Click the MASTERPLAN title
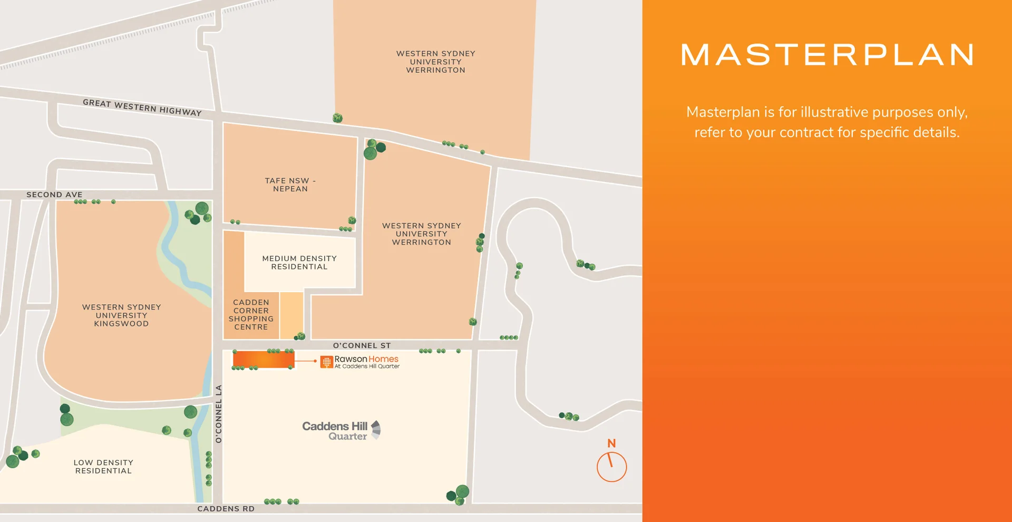(x=826, y=55)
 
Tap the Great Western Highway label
(x=142, y=108)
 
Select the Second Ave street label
(x=54, y=195)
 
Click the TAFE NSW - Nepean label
(x=290, y=185)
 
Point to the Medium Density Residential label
(x=299, y=263)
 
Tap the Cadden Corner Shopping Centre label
(x=251, y=315)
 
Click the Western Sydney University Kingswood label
(x=121, y=315)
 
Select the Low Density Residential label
(x=103, y=467)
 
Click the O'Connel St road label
(x=362, y=346)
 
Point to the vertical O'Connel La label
(x=219, y=414)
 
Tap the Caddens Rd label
(x=226, y=509)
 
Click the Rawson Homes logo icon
(x=327, y=362)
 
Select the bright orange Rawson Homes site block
(x=263, y=360)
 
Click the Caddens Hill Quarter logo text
(x=335, y=431)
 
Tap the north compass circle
(x=611, y=467)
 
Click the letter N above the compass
(x=611, y=443)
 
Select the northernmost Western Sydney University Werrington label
(x=435, y=62)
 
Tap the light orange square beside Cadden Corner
(x=291, y=315)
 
